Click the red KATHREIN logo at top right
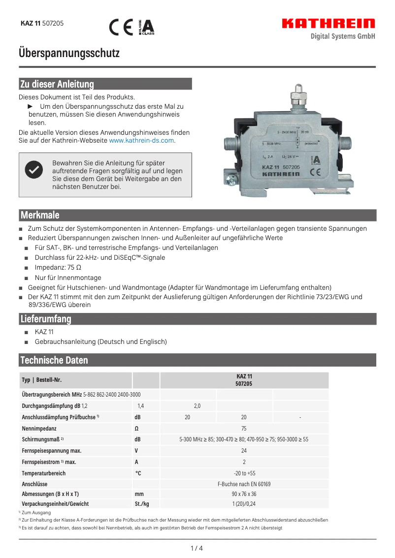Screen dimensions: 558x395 pyautogui.click(x=329, y=24)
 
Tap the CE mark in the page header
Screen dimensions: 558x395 pyautogui.click(x=121, y=27)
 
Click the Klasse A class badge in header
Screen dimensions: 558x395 pyautogui.click(x=146, y=27)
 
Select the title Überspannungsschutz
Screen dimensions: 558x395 pyautogui.click(x=69, y=53)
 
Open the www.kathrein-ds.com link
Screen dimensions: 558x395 pyautogui.click(x=141, y=140)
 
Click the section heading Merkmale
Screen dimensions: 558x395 pyautogui.click(x=40, y=215)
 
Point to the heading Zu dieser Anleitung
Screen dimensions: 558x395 pyautogui.click(x=57, y=84)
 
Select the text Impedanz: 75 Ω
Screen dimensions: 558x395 pyautogui.click(x=58, y=268)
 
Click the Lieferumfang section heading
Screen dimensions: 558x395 pyautogui.click(x=46, y=319)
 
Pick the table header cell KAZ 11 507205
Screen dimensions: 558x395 pyautogui.click(x=244, y=380)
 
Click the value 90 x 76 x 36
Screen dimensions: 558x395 pyautogui.click(x=244, y=494)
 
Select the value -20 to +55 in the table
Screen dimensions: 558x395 pyautogui.click(x=244, y=473)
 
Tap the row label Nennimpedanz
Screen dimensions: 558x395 pyautogui.click(x=40, y=428)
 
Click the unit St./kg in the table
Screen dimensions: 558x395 pyautogui.click(x=142, y=504)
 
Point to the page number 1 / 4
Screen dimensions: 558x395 pyautogui.click(x=197, y=548)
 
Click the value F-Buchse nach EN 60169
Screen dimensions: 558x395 pyautogui.click(x=244, y=484)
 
